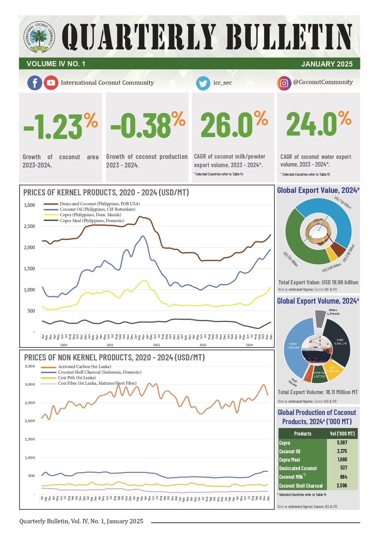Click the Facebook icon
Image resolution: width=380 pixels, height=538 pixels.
click(x=35, y=83)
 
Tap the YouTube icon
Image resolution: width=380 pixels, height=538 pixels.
click(x=51, y=83)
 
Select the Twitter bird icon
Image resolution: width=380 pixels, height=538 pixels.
click(x=203, y=83)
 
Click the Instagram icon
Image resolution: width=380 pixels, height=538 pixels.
click(x=284, y=83)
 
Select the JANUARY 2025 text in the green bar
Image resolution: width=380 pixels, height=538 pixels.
click(x=327, y=64)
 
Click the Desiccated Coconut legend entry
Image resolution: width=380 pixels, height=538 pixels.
click(x=99, y=204)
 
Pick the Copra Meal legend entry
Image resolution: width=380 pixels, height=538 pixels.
click(x=92, y=221)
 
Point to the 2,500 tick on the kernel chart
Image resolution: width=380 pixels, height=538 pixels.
click(x=29, y=226)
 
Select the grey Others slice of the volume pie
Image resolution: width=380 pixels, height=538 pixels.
click(x=320, y=315)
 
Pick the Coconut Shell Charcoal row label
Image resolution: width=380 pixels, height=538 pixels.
click(x=301, y=486)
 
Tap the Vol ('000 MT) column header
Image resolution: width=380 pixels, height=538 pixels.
click(x=342, y=434)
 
